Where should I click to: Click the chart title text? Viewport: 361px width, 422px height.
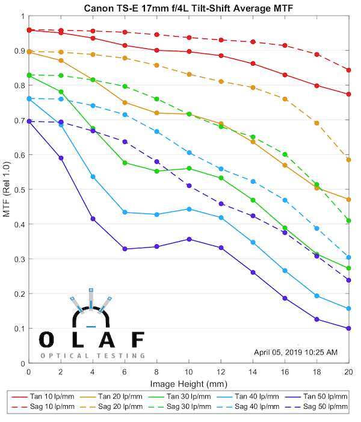188,7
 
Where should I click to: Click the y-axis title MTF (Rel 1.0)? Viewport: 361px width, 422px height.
7,196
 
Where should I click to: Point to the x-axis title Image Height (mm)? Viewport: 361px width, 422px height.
188,383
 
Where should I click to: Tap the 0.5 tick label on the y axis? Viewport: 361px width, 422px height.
19,190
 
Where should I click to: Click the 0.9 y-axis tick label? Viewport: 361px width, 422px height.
19,51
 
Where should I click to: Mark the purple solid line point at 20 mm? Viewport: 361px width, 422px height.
348,329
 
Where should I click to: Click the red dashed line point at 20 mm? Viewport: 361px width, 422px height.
348,70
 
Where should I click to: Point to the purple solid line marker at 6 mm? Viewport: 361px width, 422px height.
125,249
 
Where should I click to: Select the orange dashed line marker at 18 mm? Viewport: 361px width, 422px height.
316,123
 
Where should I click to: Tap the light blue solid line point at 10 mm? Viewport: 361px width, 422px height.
189,209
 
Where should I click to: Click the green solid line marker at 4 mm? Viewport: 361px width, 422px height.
93,128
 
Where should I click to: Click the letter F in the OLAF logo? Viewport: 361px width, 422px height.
138,340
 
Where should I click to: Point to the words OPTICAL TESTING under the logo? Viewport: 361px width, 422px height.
93,356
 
